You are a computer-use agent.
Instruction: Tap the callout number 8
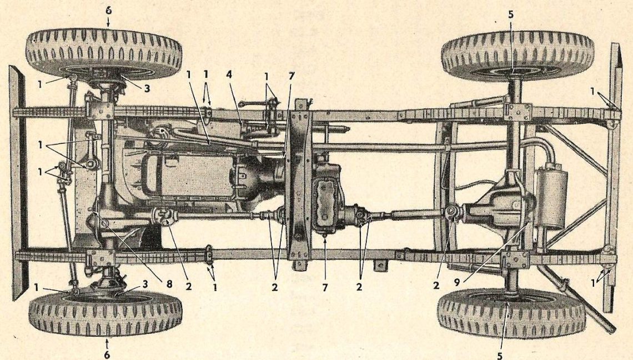pos(169,284)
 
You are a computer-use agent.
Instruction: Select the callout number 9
pos(456,283)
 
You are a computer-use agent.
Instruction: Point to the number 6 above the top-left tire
pos(109,11)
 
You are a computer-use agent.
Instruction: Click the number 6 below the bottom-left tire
pos(107,355)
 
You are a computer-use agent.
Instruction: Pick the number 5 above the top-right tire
pos(511,14)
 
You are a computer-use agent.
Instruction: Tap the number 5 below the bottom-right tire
pos(500,356)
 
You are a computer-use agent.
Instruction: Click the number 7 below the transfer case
pos(325,287)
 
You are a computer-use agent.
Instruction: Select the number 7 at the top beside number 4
pos(292,76)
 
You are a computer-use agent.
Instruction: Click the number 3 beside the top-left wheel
pos(147,88)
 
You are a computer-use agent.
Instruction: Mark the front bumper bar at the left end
pos(18,183)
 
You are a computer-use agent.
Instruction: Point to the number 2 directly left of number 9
pos(436,285)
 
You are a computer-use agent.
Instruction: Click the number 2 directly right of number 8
pos(188,285)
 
